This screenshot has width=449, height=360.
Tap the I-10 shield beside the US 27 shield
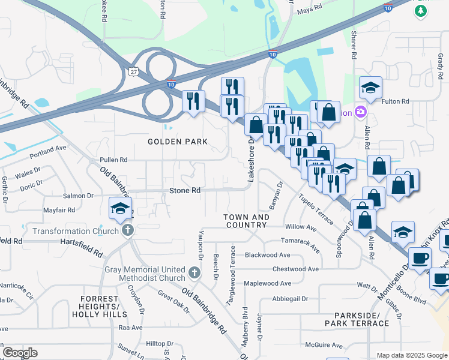click(x=172, y=85)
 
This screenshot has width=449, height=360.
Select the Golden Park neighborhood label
click(x=178, y=142)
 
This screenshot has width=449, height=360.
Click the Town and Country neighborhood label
click(x=246, y=221)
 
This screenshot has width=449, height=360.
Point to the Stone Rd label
click(x=184, y=190)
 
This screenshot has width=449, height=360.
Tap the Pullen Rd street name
click(x=113, y=160)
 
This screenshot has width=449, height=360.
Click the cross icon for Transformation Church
click(x=127, y=230)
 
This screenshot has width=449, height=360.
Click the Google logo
click(x=20, y=352)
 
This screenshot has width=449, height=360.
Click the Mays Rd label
click(x=309, y=10)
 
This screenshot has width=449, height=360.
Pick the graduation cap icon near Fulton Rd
click(x=370, y=88)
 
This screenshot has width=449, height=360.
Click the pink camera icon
click(x=360, y=112)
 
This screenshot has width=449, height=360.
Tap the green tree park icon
click(x=421, y=11)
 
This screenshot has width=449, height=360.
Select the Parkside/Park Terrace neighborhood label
click(x=357, y=319)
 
